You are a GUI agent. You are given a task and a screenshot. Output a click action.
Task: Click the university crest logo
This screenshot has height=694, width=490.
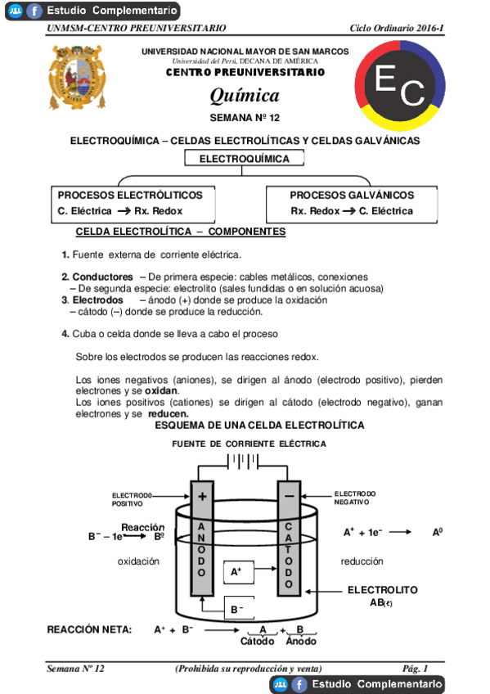pyautogui.click(x=78, y=78)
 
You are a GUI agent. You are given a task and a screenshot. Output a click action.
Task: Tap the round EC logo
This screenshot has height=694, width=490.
pyautogui.click(x=400, y=87)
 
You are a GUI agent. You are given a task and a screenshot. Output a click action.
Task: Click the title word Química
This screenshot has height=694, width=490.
pyautogui.click(x=245, y=96)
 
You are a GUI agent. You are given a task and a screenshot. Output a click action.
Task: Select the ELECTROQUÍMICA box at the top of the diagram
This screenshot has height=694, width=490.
pyautogui.click(x=245, y=159)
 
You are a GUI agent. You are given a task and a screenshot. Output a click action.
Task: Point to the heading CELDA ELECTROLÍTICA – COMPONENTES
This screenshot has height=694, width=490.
pyautogui.click(x=180, y=232)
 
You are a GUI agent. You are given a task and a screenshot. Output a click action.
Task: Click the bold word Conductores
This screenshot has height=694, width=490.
pyautogui.click(x=102, y=277)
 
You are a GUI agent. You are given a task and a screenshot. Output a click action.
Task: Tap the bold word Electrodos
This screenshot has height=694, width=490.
pyautogui.click(x=97, y=300)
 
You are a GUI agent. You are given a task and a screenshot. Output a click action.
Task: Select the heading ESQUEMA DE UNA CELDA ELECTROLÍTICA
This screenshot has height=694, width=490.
pyautogui.click(x=259, y=426)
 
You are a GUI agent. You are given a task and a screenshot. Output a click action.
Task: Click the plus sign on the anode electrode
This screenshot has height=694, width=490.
pyautogui.click(x=203, y=496)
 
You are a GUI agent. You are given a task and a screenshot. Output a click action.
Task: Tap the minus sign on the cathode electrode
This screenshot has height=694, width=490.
pyautogui.click(x=289, y=496)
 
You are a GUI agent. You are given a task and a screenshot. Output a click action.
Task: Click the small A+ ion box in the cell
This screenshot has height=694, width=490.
pyautogui.click(x=236, y=572)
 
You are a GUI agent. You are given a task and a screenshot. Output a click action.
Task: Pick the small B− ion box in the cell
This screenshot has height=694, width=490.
pyautogui.click(x=237, y=610)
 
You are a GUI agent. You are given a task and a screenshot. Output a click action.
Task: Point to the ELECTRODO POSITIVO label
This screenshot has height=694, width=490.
pyautogui.click(x=133, y=499)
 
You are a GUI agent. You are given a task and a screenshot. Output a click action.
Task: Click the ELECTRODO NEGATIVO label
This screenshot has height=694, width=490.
pyautogui.click(x=355, y=498)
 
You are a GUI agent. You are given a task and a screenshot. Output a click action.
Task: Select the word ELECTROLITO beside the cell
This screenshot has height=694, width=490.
pyautogui.click(x=383, y=590)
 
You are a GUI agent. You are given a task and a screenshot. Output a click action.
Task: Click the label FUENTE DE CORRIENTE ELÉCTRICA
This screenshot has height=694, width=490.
pyautogui.click(x=249, y=444)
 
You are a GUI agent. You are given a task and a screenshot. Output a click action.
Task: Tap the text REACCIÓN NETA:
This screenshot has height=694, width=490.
pyautogui.click(x=89, y=629)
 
